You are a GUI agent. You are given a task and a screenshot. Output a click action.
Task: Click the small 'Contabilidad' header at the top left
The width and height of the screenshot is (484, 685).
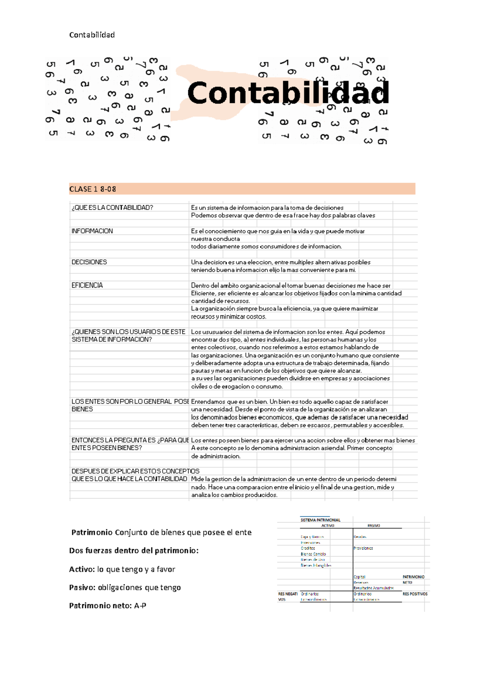pyautogui.click(x=92, y=35)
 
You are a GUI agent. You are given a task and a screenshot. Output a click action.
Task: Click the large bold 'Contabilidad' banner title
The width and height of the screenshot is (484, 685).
pyautogui.click(x=288, y=93)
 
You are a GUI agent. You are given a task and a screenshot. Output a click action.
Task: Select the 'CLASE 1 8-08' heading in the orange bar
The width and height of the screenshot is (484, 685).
pyautogui.click(x=93, y=189)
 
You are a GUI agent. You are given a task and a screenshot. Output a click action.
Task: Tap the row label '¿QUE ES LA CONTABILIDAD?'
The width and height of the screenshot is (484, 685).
pyautogui.click(x=112, y=207)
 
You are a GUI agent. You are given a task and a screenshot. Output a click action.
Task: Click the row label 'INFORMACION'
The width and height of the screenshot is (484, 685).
pyautogui.click(x=92, y=231)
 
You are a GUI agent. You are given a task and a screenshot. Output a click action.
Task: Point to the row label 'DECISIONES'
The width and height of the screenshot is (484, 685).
pyautogui.click(x=89, y=262)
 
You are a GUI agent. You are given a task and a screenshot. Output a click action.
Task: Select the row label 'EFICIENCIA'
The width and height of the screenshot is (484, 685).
pyautogui.click(x=87, y=285)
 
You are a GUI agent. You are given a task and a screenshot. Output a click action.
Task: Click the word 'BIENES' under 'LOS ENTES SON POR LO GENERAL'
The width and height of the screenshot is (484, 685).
pyautogui.click(x=82, y=409)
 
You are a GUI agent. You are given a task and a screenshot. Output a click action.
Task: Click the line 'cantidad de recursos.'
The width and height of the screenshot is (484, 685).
pyautogui.click(x=220, y=301)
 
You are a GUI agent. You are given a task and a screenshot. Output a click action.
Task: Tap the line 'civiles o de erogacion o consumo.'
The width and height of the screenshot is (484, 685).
pyautogui.click(x=237, y=386)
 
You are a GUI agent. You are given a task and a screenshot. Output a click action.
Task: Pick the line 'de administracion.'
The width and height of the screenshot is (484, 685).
pyautogui.click(x=216, y=456)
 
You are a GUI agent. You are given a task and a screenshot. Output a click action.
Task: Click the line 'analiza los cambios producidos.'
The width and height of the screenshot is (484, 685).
pyautogui.click(x=234, y=495)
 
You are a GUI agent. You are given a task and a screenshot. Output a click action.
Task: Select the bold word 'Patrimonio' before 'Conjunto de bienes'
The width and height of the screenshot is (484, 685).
pyautogui.click(x=92, y=532)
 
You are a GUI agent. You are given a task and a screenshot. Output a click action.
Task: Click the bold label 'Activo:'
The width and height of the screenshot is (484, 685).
pyautogui.click(x=82, y=569)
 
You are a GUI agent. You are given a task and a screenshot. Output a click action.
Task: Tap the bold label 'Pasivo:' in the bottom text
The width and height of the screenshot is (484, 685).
pyautogui.click(x=82, y=587)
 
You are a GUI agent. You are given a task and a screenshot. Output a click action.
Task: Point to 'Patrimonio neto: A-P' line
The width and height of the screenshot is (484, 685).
pyautogui.click(x=108, y=606)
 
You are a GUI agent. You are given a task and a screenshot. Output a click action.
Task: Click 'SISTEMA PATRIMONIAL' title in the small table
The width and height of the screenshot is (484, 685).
pyautogui.click(x=320, y=520)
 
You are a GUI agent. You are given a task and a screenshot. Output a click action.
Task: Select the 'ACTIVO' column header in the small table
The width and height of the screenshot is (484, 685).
pyautogui.click(x=328, y=526)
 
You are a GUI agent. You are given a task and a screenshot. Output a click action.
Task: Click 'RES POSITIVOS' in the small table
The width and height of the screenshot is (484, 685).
pyautogui.click(x=415, y=594)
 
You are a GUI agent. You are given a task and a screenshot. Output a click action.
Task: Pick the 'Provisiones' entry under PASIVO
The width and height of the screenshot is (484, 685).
pyautogui.click(x=363, y=548)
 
